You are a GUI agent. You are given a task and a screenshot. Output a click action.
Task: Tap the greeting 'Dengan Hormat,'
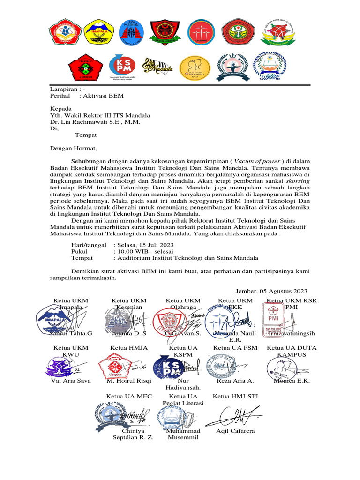pos(74,149)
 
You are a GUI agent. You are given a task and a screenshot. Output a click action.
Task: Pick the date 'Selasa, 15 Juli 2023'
pos(143,245)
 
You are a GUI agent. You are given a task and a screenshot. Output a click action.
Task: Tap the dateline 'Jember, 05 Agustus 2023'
pos(272,291)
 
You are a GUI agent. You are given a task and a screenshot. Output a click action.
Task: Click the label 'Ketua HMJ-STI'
pos(235,396)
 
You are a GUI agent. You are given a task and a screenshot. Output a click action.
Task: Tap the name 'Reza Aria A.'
pos(235,381)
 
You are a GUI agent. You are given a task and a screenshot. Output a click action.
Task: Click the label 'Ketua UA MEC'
pos(129,396)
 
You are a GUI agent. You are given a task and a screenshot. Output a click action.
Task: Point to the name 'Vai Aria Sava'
pos(71,381)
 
